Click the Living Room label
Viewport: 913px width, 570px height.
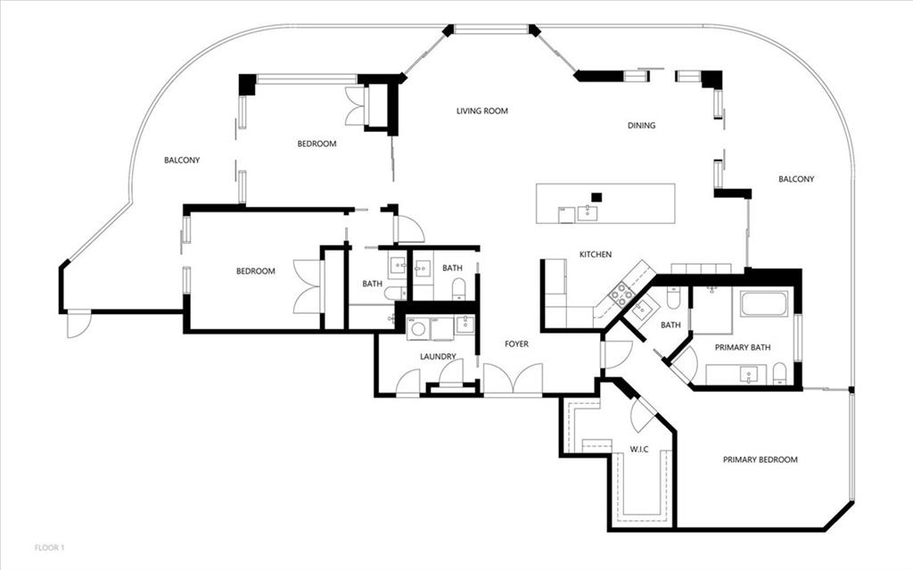pyautogui.click(x=482, y=111)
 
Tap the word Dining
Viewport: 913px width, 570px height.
pyautogui.click(x=641, y=125)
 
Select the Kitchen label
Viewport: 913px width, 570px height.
pyautogui.click(x=595, y=254)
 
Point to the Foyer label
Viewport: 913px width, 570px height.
pyautogui.click(x=516, y=343)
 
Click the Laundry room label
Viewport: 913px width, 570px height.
pyautogui.click(x=438, y=357)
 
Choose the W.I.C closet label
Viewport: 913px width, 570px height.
pyautogui.click(x=638, y=450)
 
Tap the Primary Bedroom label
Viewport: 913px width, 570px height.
pyautogui.click(x=760, y=459)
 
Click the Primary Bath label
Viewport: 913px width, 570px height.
pyautogui.click(x=743, y=347)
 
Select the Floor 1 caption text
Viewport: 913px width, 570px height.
pyautogui.click(x=50, y=548)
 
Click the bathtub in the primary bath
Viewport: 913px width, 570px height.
pyautogui.click(x=764, y=303)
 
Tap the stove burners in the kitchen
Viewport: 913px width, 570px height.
pyautogui.click(x=621, y=294)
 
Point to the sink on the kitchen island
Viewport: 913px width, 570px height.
pyautogui.click(x=587, y=213)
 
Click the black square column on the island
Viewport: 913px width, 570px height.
pyautogui.click(x=596, y=197)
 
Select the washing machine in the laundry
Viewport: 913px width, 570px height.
pyautogui.click(x=417, y=329)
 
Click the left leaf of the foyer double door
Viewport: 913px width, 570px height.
pyautogui.click(x=498, y=378)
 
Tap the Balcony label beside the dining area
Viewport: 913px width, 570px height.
pyautogui.click(x=796, y=179)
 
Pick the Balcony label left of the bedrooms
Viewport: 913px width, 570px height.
pyautogui.click(x=182, y=160)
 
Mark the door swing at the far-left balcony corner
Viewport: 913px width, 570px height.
pyautogui.click(x=78, y=325)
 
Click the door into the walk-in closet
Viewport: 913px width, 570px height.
pyautogui.click(x=644, y=414)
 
